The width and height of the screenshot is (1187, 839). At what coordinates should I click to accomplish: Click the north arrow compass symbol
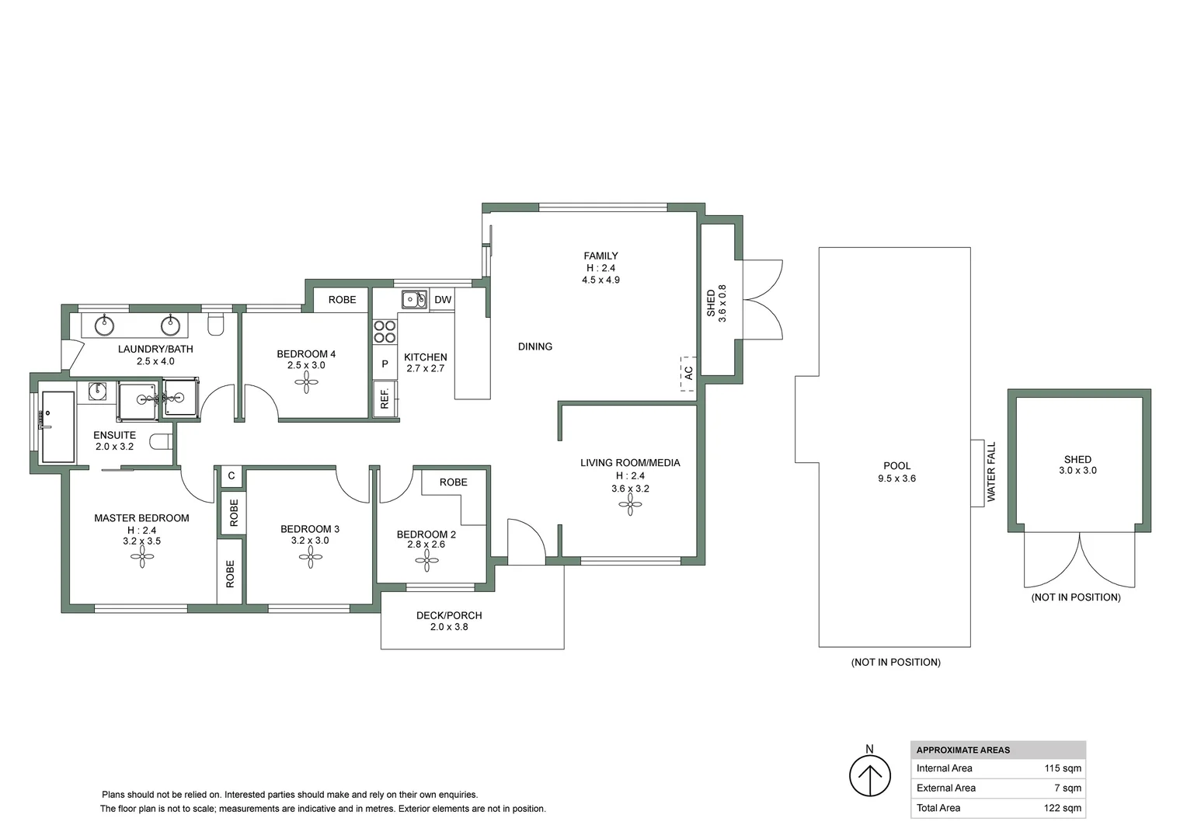pos(869,775)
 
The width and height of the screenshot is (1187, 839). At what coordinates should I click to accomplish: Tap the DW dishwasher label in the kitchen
pos(443,300)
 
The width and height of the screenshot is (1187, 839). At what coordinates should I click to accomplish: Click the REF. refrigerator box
pos(385,399)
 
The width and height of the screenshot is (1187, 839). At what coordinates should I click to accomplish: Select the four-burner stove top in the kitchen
pos(385,332)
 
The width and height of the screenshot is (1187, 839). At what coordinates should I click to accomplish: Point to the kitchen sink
pos(414,299)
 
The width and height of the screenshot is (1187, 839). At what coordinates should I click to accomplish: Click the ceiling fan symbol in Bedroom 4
pos(306,381)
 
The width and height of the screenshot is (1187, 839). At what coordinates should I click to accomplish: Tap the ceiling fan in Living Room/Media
pos(630,506)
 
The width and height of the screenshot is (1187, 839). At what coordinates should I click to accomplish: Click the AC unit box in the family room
pos(688,373)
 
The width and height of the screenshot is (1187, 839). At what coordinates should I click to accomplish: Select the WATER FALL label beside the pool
pos(991,472)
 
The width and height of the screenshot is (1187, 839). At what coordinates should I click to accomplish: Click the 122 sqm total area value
pos(1063,808)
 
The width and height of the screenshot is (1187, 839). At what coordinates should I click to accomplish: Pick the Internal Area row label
pos(944,768)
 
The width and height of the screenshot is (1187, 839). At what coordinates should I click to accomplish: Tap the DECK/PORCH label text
pos(449,615)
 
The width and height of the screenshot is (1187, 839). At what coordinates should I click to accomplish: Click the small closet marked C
pos(231,475)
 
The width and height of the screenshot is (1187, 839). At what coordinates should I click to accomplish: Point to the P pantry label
pos(385,364)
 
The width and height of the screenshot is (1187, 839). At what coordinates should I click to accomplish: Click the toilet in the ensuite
pos(161,442)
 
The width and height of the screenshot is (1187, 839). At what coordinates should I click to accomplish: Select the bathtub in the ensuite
pos(57,426)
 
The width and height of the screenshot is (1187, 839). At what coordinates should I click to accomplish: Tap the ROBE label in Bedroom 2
pos(453,482)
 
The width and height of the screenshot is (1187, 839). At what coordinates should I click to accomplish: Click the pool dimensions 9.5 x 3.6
pos(896,479)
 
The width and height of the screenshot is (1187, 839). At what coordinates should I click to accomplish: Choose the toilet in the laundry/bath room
pos(216,324)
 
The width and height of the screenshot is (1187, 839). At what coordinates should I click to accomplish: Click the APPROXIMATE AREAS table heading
pos(963,750)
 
